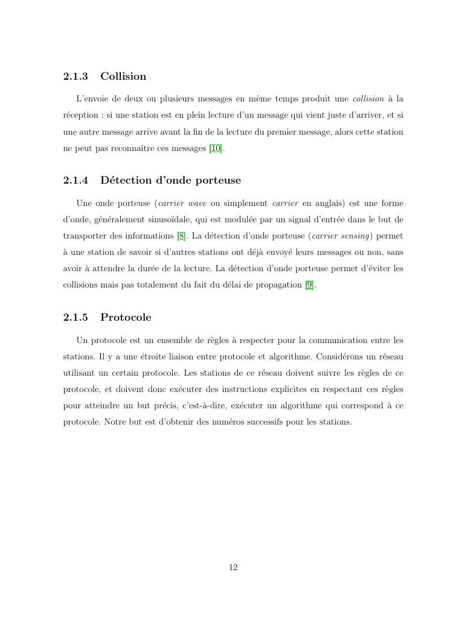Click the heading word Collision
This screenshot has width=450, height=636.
tap(123, 77)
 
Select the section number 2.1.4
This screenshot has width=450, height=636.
tap(76, 181)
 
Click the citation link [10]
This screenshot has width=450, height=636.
tap(216, 149)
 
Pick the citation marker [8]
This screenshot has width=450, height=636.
tap(181, 236)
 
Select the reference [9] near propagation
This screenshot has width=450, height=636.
tap(309, 286)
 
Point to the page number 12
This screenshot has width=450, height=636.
tap(233, 567)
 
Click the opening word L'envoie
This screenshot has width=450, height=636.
tap(93, 98)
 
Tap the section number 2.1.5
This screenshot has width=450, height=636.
tap(76, 318)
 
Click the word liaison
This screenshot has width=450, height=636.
tap(175, 356)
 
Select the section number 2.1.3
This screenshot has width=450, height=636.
tap(76, 77)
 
